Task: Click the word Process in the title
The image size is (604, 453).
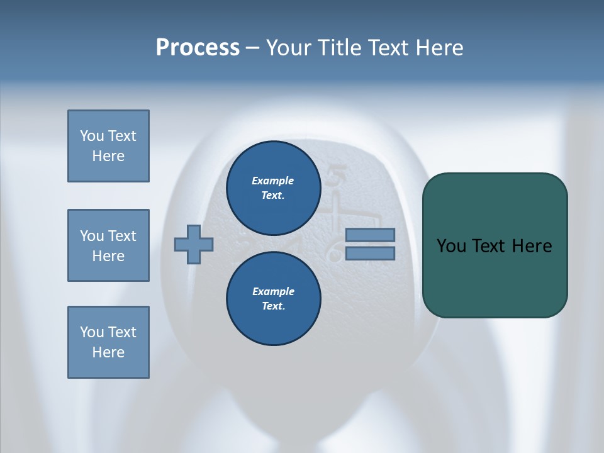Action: [198, 48]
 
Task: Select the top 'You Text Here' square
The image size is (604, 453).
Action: [108, 146]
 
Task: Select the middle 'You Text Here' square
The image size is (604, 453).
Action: [108, 245]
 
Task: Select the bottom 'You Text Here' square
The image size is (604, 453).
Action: [108, 342]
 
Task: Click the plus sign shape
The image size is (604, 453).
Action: [194, 245]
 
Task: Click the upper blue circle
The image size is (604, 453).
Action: [273, 188]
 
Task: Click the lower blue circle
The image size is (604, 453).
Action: [273, 299]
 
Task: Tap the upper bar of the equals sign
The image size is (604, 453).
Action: [370, 235]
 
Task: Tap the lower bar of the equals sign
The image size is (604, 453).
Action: [370, 254]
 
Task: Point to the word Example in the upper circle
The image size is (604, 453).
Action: [273, 181]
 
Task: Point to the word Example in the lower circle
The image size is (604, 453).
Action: [273, 291]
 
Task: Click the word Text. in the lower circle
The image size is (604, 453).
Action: [273, 306]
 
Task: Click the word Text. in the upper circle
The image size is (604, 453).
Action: [273, 196]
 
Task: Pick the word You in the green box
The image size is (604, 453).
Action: [450, 246]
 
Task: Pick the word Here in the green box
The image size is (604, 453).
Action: [532, 246]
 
